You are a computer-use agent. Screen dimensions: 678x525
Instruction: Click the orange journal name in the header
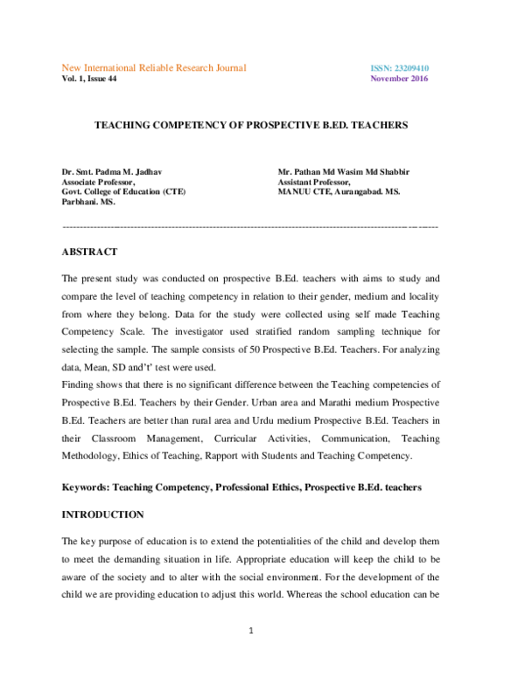(x=153, y=67)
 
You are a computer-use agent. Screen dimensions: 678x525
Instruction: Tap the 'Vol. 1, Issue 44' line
(x=88, y=79)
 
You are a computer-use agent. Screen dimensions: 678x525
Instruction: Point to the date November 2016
(x=400, y=79)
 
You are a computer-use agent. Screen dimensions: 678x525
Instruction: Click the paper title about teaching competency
(x=251, y=126)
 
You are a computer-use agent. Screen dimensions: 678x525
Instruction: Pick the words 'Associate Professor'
(x=97, y=181)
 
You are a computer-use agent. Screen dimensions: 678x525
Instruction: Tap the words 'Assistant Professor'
(x=312, y=181)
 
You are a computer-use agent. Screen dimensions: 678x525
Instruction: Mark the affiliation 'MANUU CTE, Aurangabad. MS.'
(x=338, y=190)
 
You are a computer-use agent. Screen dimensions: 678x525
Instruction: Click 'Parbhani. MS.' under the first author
(x=87, y=201)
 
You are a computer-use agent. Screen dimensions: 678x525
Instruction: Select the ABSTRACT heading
(x=89, y=252)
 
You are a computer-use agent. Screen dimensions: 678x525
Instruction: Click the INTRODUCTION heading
(x=102, y=515)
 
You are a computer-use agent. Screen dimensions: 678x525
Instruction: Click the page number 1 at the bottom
(x=251, y=656)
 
